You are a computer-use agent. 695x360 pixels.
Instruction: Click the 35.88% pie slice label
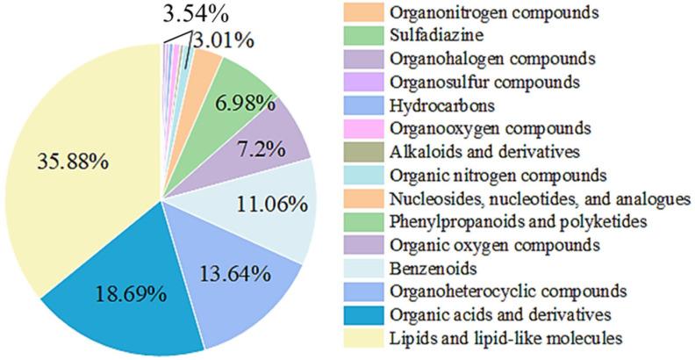pos(68,162)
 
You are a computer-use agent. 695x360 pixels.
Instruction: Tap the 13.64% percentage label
pos(233,274)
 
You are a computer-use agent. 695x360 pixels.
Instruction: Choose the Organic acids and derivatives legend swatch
pos(360,313)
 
